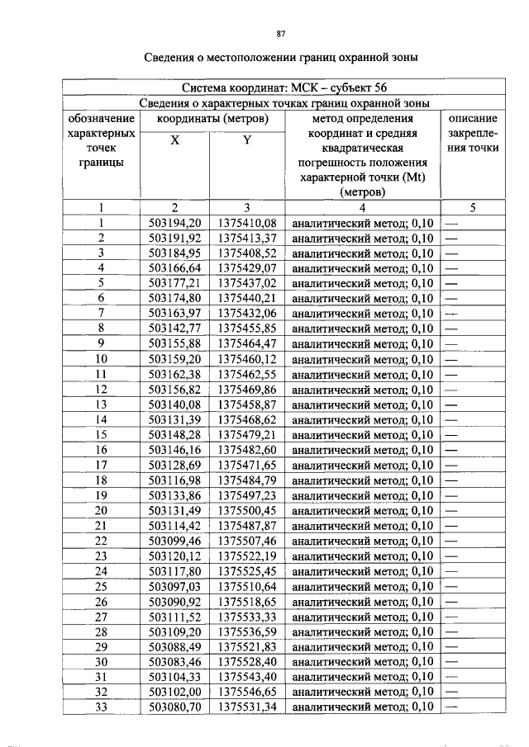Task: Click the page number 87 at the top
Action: pos(281,34)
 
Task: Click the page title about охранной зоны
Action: pos(281,58)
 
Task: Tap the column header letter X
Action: pos(175,140)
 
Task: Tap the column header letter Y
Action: pos(246,140)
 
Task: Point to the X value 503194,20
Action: pos(175,223)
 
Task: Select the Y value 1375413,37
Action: pos(247,238)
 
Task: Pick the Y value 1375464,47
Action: pos(247,344)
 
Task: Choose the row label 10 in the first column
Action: pos(101,359)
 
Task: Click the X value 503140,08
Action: pos(175,404)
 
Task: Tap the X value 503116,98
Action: pos(175,480)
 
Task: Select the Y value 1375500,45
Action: pos(247,510)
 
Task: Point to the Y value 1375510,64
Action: pos(247,586)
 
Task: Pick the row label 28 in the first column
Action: pos(101,631)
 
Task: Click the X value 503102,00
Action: pos(175,692)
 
